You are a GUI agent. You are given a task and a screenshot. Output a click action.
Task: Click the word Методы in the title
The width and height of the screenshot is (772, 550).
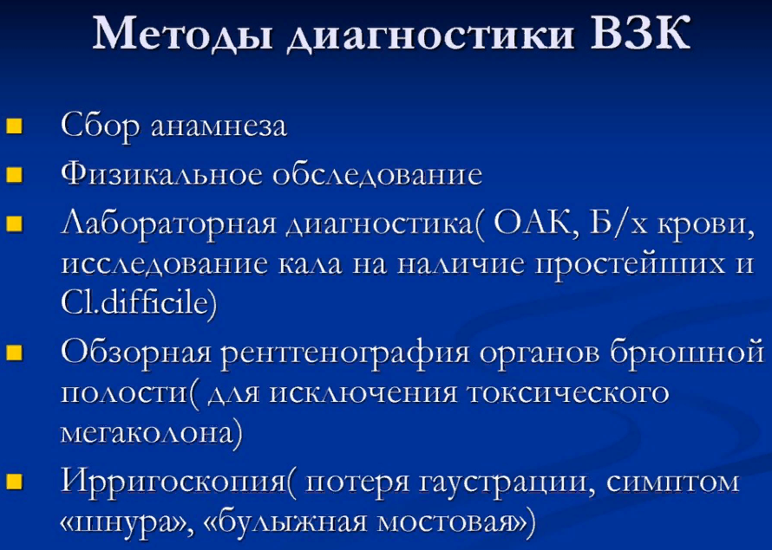pos(182,34)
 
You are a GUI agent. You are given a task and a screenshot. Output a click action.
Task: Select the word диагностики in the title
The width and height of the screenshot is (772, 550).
pos(431,36)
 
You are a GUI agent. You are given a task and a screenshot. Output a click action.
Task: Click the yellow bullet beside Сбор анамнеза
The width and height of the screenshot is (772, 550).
pos(14,126)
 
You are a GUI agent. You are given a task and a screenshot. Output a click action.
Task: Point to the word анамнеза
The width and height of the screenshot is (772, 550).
pos(219,126)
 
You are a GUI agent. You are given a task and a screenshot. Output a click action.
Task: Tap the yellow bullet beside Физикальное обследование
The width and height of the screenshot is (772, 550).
pos(14,174)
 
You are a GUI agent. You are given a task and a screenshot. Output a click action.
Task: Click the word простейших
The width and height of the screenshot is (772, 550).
pos(630,264)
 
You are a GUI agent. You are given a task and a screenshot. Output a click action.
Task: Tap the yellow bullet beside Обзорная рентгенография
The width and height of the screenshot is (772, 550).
pos(14,352)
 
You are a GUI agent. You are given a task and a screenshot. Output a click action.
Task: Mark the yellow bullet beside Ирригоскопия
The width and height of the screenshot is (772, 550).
pos(14,481)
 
